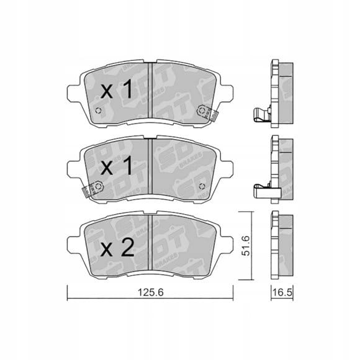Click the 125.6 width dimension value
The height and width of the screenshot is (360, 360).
(x=150, y=292)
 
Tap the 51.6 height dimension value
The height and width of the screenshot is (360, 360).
(x=246, y=246)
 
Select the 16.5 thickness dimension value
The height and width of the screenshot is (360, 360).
(x=282, y=292)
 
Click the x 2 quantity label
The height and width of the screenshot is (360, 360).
(x=117, y=247)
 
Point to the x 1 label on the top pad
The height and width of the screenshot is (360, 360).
(x=117, y=89)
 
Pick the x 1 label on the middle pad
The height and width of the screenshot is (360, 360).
(x=117, y=166)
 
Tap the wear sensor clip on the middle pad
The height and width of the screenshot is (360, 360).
(x=92, y=189)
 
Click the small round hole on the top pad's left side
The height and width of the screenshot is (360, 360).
(x=99, y=110)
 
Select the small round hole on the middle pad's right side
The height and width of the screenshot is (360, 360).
(x=202, y=186)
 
